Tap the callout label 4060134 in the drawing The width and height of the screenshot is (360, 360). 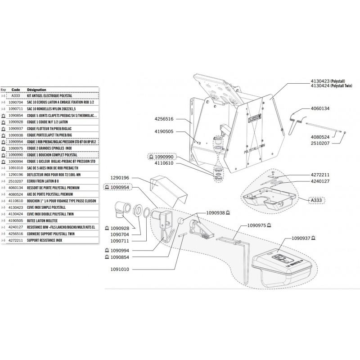click(320, 109)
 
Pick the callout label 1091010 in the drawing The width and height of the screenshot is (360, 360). click(118, 270)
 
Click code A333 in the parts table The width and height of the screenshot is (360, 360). click(16, 96)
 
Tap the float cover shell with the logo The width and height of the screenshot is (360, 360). click(279, 265)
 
